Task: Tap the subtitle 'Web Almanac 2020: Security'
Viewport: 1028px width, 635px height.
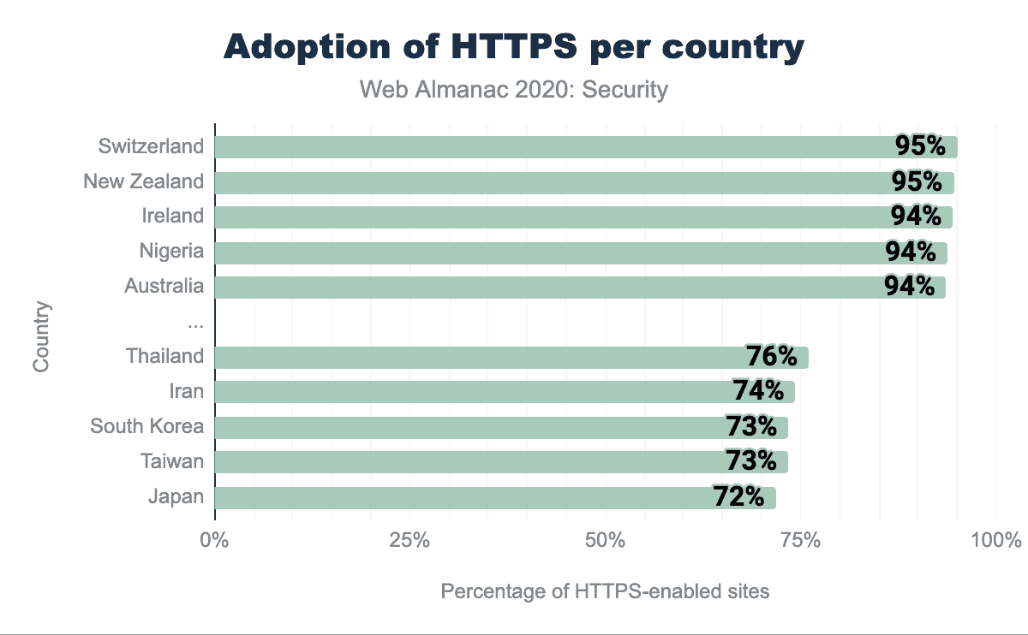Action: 514,89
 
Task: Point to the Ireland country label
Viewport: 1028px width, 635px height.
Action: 173,216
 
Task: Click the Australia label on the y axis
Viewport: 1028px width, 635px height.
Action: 164,286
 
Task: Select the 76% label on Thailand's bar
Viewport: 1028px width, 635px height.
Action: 772,356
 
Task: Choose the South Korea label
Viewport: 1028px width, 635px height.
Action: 147,426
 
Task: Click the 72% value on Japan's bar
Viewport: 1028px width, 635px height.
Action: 738,496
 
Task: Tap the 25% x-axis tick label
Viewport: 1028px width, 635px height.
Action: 409,541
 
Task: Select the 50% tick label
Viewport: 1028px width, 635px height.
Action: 606,541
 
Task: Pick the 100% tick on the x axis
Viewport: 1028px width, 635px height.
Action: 996,541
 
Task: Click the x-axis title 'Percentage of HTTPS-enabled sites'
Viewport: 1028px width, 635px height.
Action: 605,591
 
